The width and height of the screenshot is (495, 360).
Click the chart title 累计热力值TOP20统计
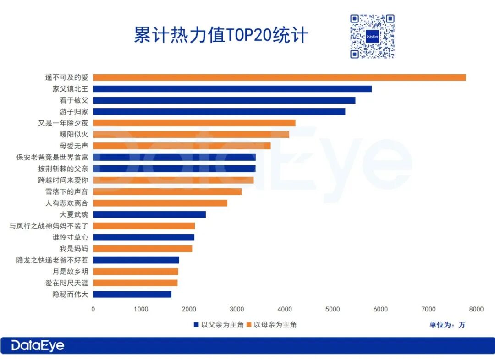coord(221,35)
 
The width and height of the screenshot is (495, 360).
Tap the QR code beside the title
coord(372,36)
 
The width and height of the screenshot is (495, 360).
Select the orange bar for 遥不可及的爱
coord(279,77)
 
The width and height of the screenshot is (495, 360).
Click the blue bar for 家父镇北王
coord(232,89)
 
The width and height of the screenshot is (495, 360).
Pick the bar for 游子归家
coord(219,112)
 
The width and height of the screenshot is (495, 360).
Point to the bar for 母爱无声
coord(181,146)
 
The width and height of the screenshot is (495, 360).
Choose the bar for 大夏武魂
coord(149,214)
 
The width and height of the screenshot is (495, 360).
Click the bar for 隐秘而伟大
coord(132,294)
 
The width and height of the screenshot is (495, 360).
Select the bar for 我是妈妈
coord(143,249)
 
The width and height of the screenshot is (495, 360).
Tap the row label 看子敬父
coord(70,100)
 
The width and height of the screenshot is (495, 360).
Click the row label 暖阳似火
coord(70,135)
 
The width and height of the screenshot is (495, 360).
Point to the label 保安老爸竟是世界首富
coord(52,157)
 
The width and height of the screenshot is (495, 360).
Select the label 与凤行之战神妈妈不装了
coord(49,226)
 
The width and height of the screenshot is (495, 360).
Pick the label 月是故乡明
coord(66,272)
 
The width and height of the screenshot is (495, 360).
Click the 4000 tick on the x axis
coord(285,309)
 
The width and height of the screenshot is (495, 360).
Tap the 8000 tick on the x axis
coord(476,309)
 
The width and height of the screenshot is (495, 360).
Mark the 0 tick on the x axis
coord(93,309)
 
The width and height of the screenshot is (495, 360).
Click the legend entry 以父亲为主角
coord(219,325)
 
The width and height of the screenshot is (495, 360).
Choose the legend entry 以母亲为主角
coord(272,325)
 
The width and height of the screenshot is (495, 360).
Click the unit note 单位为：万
coord(447,325)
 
